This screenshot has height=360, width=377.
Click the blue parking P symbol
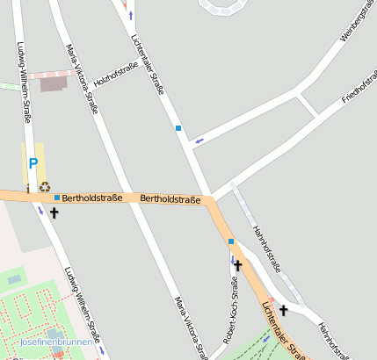point(33,162)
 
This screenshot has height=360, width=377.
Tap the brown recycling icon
point(45,186)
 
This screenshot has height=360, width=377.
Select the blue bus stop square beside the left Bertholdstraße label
point(57,198)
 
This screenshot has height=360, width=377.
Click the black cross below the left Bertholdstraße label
point(54,212)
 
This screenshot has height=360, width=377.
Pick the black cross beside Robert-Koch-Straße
point(237,264)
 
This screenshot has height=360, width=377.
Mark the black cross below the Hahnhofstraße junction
point(284,310)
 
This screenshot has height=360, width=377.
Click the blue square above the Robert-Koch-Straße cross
point(231,241)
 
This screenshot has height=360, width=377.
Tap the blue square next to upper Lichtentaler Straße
point(178,128)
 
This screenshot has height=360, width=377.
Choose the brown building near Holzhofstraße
point(54,84)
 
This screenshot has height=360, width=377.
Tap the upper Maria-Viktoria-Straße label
point(82,80)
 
